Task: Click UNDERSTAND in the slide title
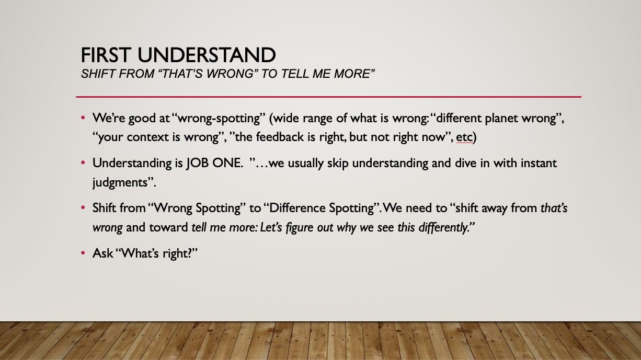click(207, 55)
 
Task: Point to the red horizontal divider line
click(328, 97)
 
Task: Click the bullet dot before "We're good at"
click(83, 118)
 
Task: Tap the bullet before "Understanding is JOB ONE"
click(83, 162)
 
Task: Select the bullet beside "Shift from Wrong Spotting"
click(83, 207)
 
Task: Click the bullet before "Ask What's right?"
click(83, 253)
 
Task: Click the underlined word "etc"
click(464, 137)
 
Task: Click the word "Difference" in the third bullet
click(297, 208)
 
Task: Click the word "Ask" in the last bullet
click(102, 253)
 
